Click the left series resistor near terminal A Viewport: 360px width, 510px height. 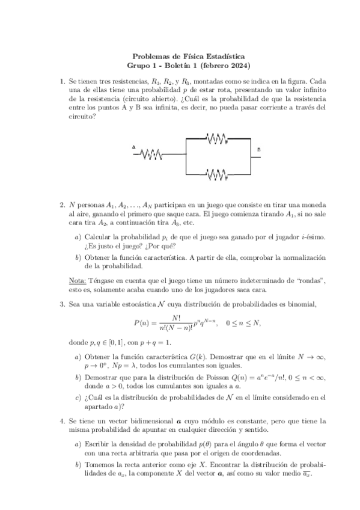151,155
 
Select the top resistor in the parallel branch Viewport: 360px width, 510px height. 216,139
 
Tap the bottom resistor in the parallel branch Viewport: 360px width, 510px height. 216,174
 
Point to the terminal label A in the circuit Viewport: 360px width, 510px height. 133,147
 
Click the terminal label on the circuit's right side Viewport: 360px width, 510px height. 259,149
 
